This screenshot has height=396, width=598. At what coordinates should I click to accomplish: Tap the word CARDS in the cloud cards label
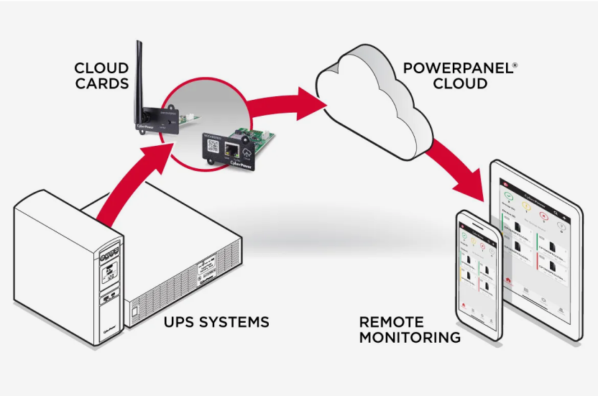(x=101, y=84)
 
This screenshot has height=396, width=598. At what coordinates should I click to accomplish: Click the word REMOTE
(x=392, y=322)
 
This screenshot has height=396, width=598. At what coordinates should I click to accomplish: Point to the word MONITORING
(x=410, y=337)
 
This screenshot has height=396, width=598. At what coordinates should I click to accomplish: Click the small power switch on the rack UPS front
(x=134, y=311)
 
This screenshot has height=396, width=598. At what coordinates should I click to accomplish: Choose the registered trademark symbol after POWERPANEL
(x=514, y=64)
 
